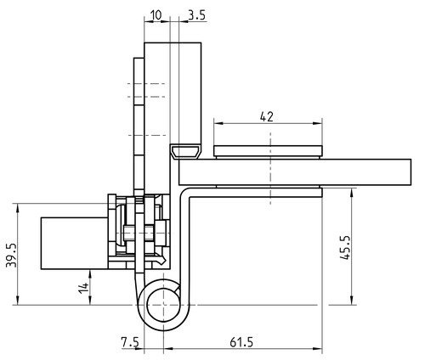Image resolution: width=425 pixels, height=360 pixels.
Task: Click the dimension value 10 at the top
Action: tap(156, 15)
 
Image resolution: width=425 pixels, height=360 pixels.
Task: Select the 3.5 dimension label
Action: tap(196, 15)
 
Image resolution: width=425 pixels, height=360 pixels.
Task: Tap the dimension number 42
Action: tap(267, 116)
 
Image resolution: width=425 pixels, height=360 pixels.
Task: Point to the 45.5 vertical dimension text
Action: tap(345, 247)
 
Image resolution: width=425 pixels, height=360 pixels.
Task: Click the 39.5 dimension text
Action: tap(11, 255)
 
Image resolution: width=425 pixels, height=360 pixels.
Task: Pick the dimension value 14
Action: tap(83, 288)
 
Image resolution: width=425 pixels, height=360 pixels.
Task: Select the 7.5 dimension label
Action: tap(130, 342)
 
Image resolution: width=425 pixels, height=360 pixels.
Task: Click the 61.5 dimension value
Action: tap(241, 342)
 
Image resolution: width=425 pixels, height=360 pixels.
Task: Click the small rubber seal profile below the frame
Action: tap(185, 151)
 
